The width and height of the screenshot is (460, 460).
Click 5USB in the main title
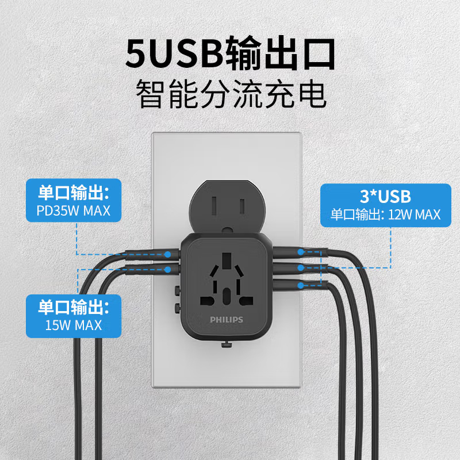click(x=174, y=53)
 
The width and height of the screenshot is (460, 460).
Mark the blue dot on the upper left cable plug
click(x=168, y=254)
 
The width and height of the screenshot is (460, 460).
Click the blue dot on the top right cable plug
click(x=300, y=252)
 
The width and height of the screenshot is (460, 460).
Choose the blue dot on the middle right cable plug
click(x=300, y=267)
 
